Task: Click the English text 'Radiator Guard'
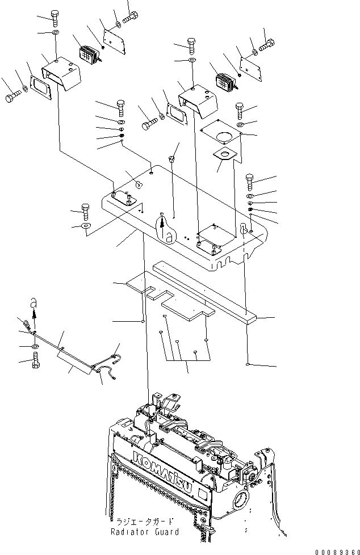click(144, 532)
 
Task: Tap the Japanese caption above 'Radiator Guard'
click(144, 521)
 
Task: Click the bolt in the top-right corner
click(266, 41)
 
